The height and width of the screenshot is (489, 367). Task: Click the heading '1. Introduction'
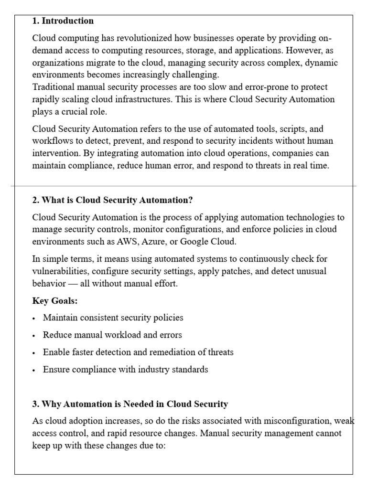point(63,21)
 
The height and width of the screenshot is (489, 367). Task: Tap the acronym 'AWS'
point(126,242)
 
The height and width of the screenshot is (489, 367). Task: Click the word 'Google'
point(193,242)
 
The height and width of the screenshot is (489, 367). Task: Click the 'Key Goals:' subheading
point(55,301)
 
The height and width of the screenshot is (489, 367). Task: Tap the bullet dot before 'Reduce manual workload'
point(34,336)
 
